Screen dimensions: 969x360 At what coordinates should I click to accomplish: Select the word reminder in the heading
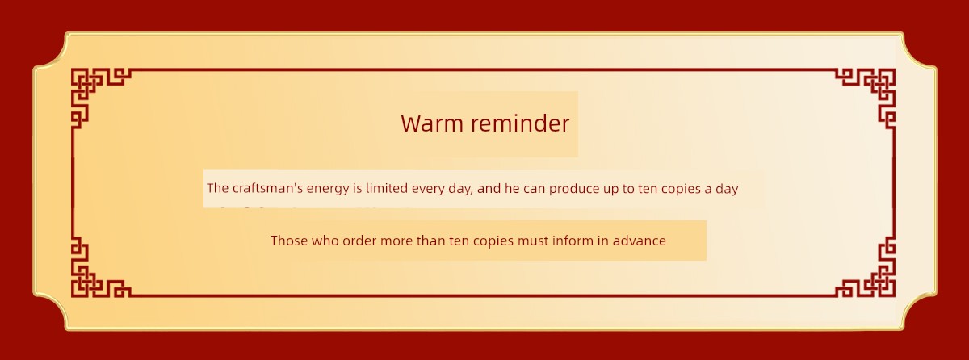(520, 123)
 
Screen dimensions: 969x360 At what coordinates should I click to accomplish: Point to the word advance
(639, 241)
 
